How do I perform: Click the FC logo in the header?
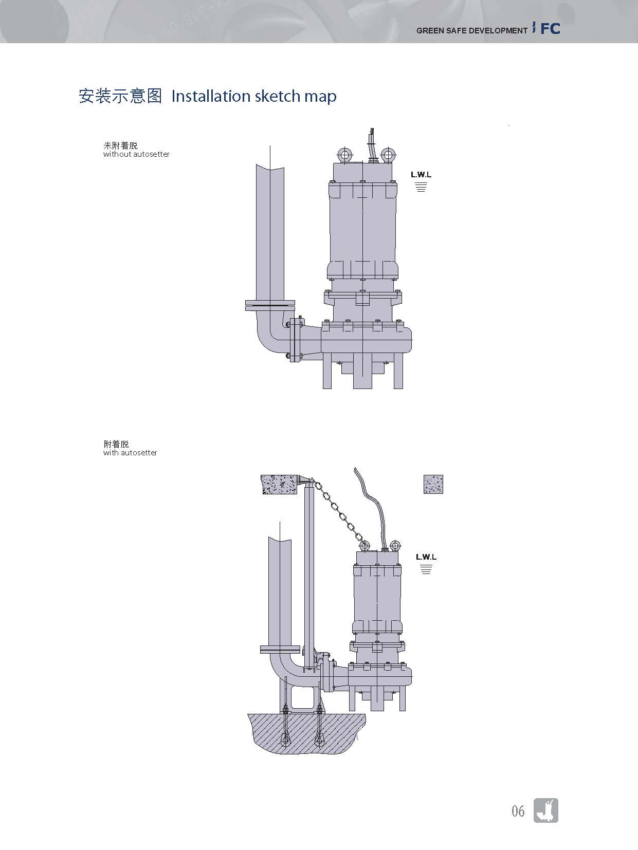pos(549,29)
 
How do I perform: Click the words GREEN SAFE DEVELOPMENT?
pos(471,31)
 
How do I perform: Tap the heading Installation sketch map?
pos(254,96)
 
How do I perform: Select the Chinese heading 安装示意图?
pos(120,96)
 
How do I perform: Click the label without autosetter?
pos(136,154)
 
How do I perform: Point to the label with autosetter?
pos(130,453)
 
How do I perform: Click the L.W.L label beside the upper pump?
pos(421,175)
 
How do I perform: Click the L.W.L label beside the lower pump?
pos(426,557)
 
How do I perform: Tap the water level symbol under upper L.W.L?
pos(421,187)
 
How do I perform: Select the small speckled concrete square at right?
pos(433,484)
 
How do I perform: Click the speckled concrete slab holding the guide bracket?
pos(279,484)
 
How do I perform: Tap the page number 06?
pos(518,811)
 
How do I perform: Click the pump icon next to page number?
pos(546,810)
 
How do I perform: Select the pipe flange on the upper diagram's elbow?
pos(270,305)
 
